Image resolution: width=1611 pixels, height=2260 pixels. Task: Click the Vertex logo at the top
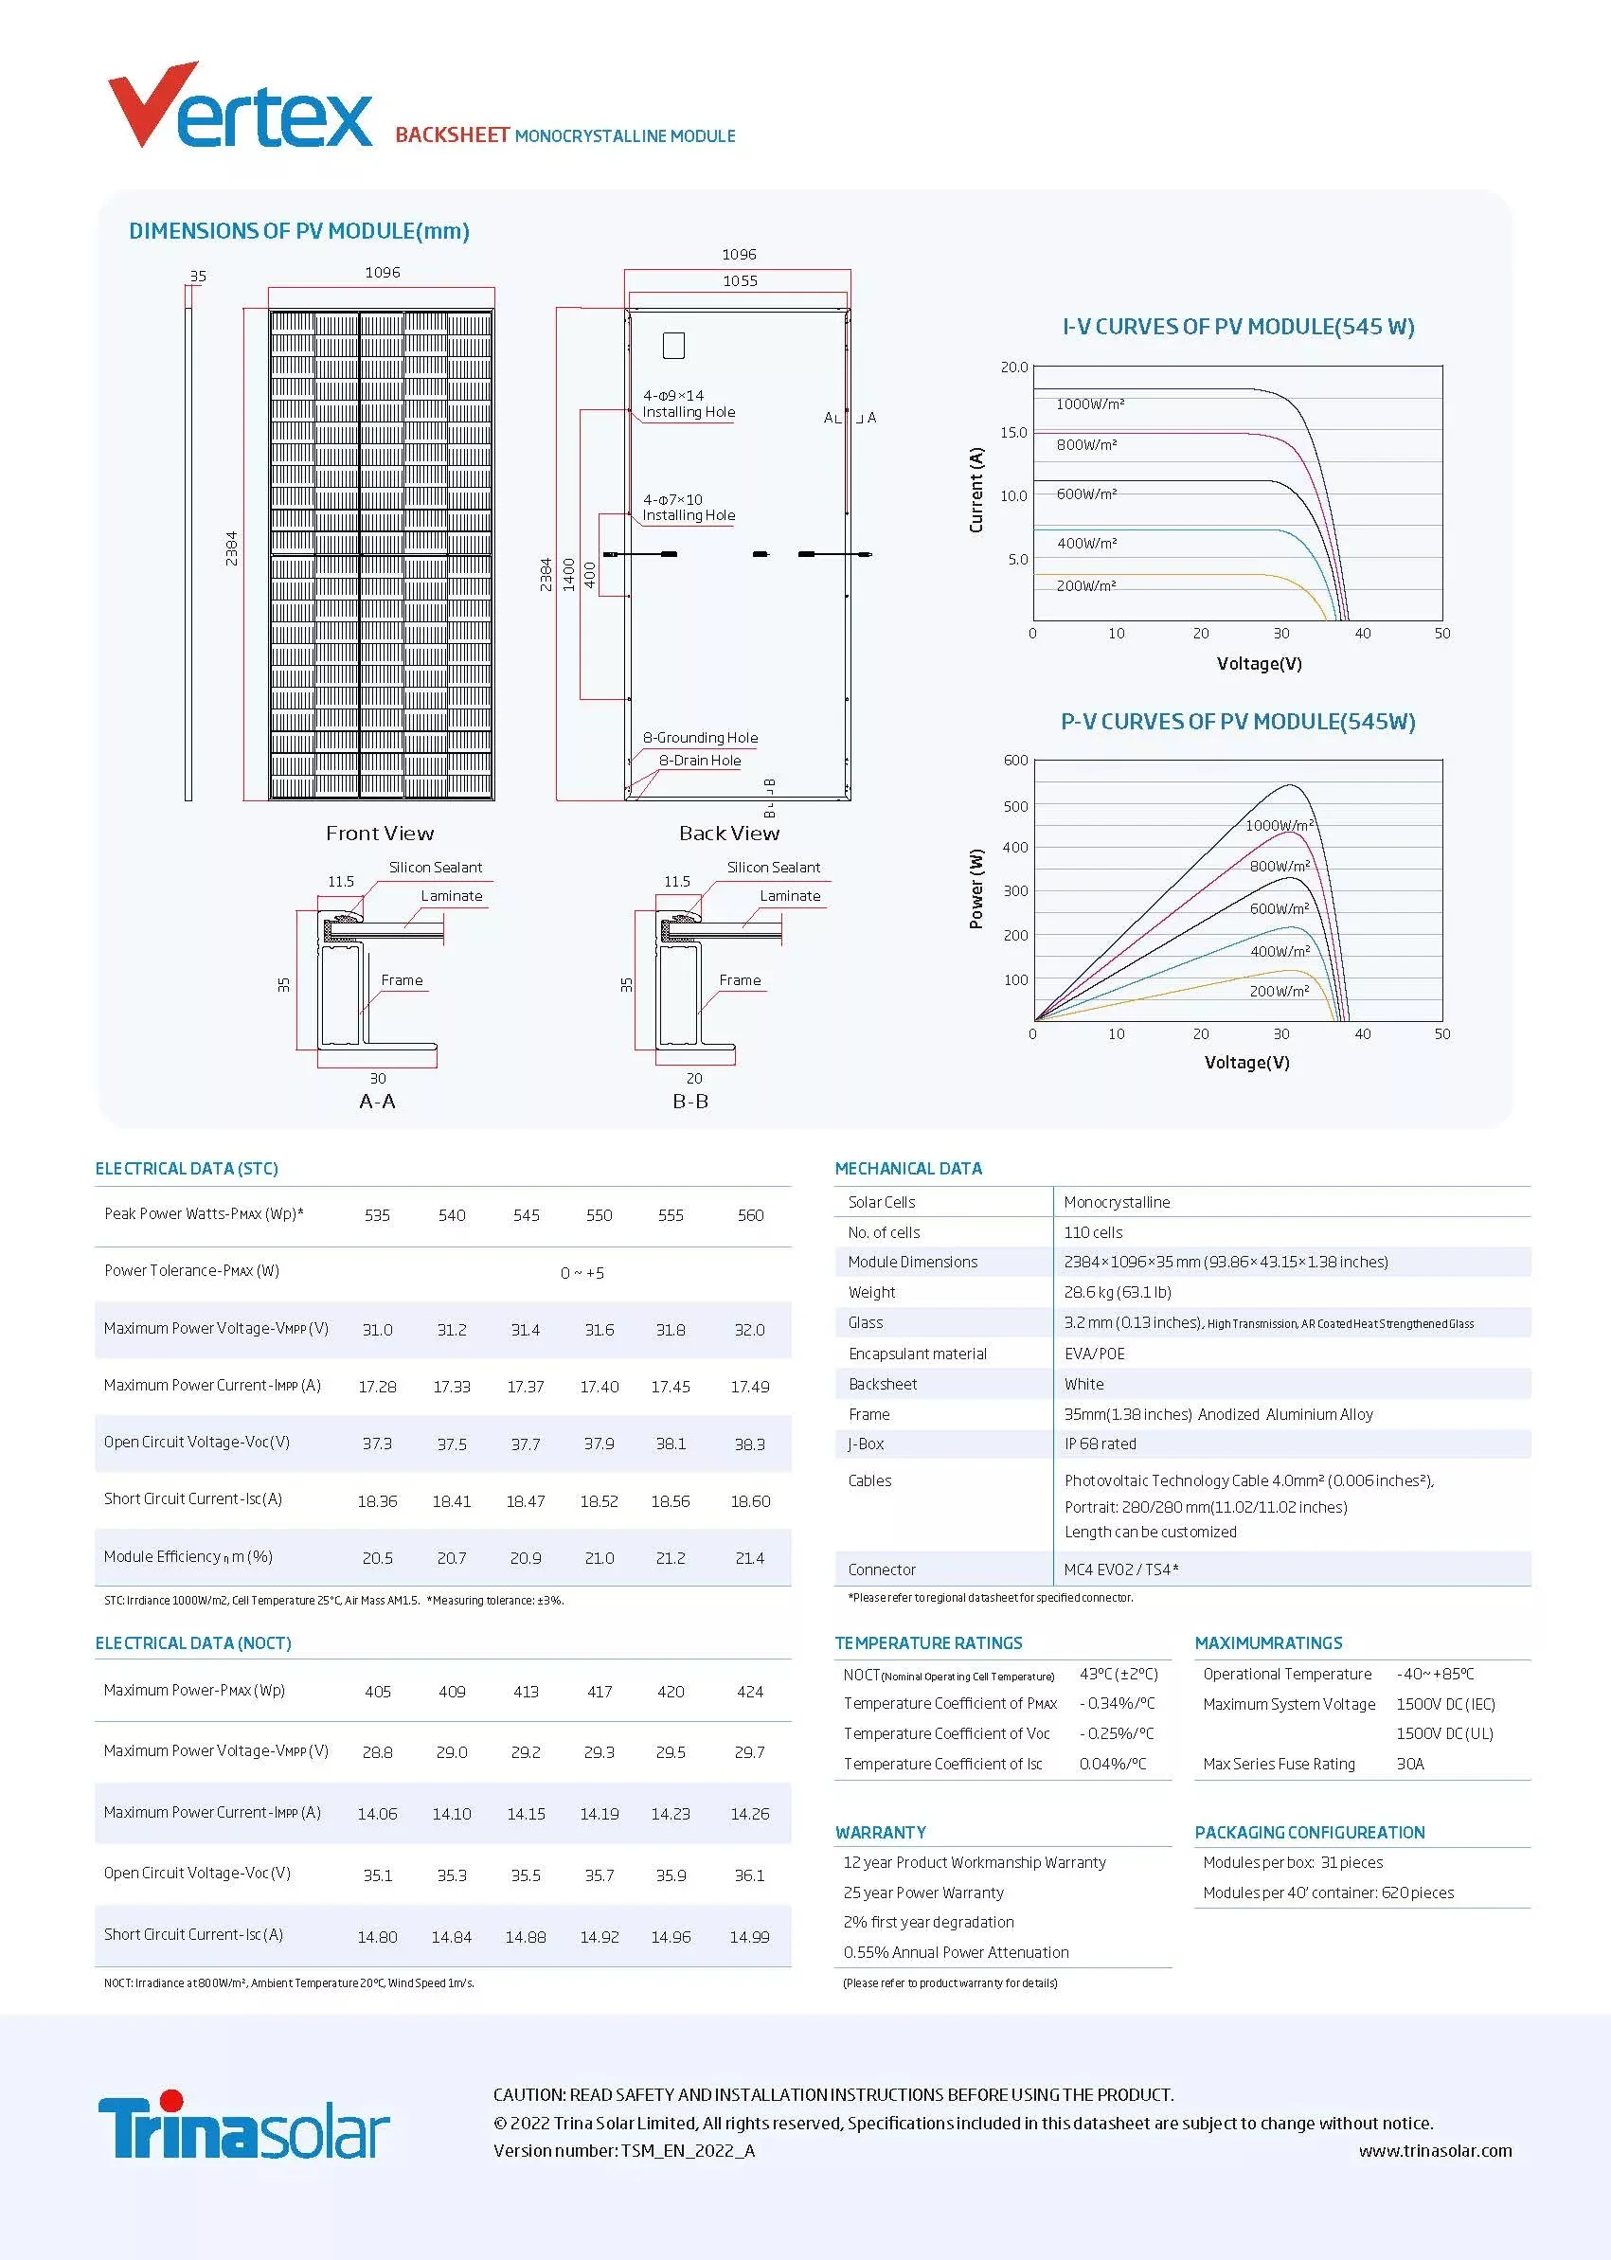coord(240,107)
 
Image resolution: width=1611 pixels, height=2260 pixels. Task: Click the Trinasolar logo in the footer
coord(243,2126)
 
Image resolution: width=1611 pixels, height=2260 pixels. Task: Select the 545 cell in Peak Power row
coord(526,1215)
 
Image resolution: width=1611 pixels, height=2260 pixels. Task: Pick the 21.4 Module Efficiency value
coord(750,1558)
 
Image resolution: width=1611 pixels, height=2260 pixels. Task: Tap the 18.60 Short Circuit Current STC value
coord(750,1501)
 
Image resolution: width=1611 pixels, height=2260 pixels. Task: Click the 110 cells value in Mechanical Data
coord(1093,1232)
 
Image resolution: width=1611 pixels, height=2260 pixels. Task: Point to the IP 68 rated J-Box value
coord(1101,1444)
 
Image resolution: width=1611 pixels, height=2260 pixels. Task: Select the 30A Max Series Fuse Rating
coord(1409,1764)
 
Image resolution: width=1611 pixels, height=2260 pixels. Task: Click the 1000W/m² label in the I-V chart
coord(1089,404)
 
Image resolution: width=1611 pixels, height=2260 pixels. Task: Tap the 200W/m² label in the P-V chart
coord(1279,991)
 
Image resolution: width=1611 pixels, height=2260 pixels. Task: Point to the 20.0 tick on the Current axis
coord(1013,368)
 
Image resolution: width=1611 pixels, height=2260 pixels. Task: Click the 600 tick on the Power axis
coord(1016,761)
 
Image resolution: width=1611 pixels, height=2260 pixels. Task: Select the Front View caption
coord(380,834)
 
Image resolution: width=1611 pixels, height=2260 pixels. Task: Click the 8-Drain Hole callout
coord(700,761)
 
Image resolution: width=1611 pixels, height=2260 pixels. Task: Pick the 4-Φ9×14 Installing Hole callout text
coord(689,404)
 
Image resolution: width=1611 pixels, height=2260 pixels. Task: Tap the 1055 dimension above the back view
coord(740,280)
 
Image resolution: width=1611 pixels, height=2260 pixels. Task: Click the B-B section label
coord(690,1102)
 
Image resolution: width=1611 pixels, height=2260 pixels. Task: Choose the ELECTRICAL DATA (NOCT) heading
coord(193,1643)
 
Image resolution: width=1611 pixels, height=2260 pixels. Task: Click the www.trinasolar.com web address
coord(1436,2151)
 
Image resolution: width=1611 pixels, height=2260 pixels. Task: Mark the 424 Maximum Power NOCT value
coord(750,1692)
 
